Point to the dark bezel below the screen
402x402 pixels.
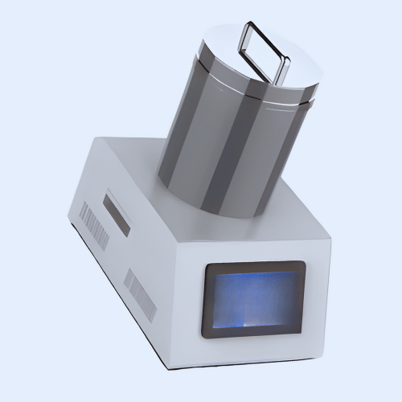point(252,331)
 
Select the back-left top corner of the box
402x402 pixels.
point(95,138)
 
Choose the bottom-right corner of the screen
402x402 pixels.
point(298,328)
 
